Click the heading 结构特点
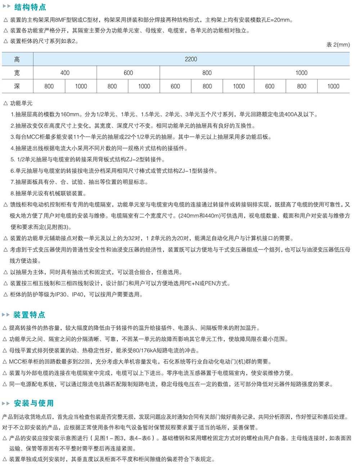30,7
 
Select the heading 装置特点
29,315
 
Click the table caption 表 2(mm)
338,45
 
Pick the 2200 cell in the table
191,59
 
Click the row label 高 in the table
17,59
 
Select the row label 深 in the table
17,86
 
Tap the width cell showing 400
65,73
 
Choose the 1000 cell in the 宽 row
301,73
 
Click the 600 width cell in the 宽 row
128,73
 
